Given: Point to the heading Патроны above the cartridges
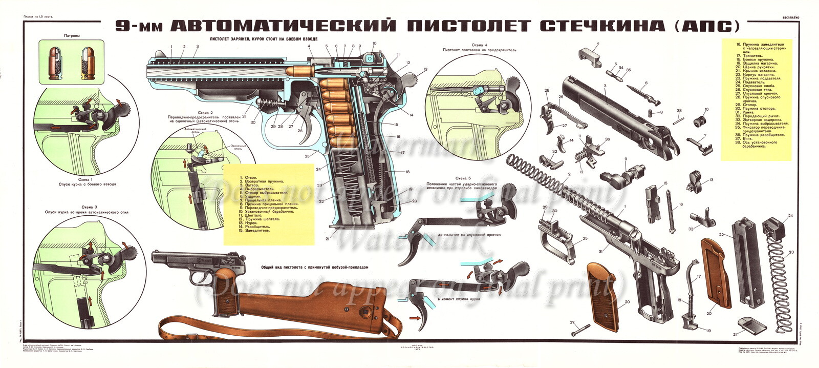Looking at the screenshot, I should [72, 36].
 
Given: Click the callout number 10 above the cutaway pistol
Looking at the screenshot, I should [374, 44].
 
